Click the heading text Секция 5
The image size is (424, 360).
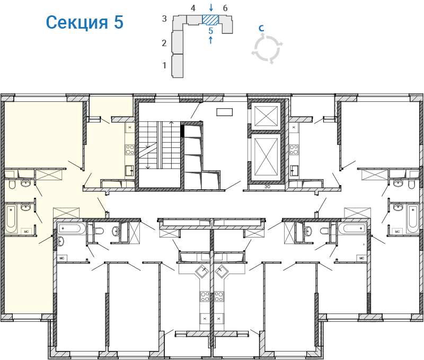[x=84, y=22]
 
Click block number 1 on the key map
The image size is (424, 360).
[x=165, y=65]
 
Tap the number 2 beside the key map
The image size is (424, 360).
[x=165, y=43]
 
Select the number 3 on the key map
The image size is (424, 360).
[x=165, y=19]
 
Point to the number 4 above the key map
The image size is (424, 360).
[x=193, y=8]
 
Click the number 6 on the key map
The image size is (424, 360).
[x=225, y=8]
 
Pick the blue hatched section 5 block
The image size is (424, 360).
[x=210, y=20]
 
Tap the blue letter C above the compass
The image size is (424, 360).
[x=261, y=28]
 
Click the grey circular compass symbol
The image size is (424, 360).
[x=268, y=49]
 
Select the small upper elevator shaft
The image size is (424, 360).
[x=266, y=115]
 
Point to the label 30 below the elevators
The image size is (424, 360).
[x=267, y=187]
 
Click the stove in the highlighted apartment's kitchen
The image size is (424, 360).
[x=129, y=149]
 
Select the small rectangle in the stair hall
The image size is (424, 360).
[x=225, y=111]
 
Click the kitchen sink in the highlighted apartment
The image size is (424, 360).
[x=129, y=170]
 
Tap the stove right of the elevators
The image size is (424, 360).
[x=294, y=149]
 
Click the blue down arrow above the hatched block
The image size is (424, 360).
[x=211, y=7]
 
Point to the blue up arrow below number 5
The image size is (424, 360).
[x=211, y=40]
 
